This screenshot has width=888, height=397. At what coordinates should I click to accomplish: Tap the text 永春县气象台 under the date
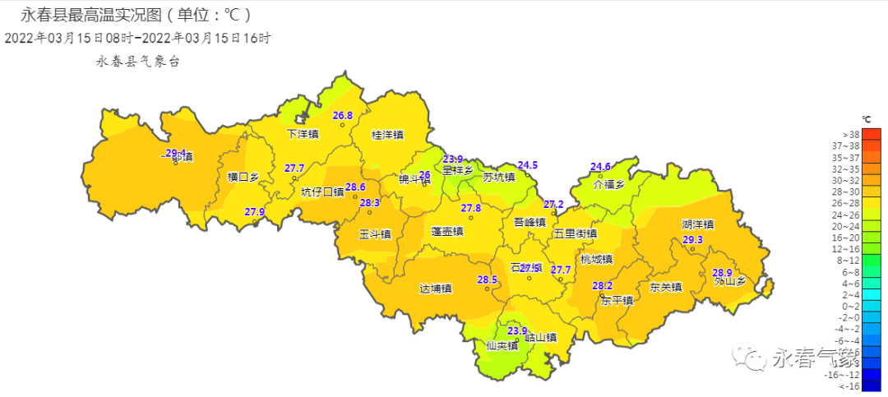point(137,60)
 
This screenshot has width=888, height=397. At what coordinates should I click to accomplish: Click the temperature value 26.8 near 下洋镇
point(343,116)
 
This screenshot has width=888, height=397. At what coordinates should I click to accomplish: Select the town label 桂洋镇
point(387,135)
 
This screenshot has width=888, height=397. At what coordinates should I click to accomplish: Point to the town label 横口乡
point(243,177)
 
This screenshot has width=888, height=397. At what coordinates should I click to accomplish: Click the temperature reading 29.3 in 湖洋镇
point(693,240)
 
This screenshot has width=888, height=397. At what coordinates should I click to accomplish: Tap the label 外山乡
point(729,282)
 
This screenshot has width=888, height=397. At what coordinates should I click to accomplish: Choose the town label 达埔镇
point(436,288)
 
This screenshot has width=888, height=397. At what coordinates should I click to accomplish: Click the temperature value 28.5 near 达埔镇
point(488,280)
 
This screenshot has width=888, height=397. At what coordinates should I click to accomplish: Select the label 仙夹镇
point(502,345)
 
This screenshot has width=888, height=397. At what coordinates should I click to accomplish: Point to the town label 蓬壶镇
point(447,232)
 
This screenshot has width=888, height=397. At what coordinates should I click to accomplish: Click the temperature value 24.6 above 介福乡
point(601,167)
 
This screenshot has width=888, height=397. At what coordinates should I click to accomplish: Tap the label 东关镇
point(666,287)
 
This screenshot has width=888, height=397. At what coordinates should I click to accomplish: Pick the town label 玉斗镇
point(375,234)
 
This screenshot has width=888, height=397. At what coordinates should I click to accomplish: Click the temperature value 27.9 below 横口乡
point(255,212)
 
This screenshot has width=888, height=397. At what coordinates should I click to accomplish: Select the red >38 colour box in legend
point(871,134)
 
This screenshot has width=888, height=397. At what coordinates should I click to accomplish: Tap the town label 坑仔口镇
point(322,192)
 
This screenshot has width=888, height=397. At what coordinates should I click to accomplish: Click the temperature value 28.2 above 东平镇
point(603,285)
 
